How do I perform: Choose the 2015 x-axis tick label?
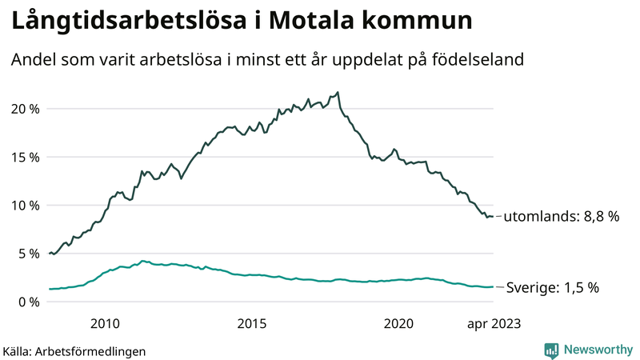[x=251, y=323]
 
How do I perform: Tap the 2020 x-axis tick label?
[x=398, y=323]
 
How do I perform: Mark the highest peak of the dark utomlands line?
[x=338, y=92]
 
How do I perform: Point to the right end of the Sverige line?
[x=493, y=286]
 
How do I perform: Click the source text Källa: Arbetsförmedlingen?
[x=74, y=350]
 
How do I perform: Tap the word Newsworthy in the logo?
[x=597, y=350]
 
